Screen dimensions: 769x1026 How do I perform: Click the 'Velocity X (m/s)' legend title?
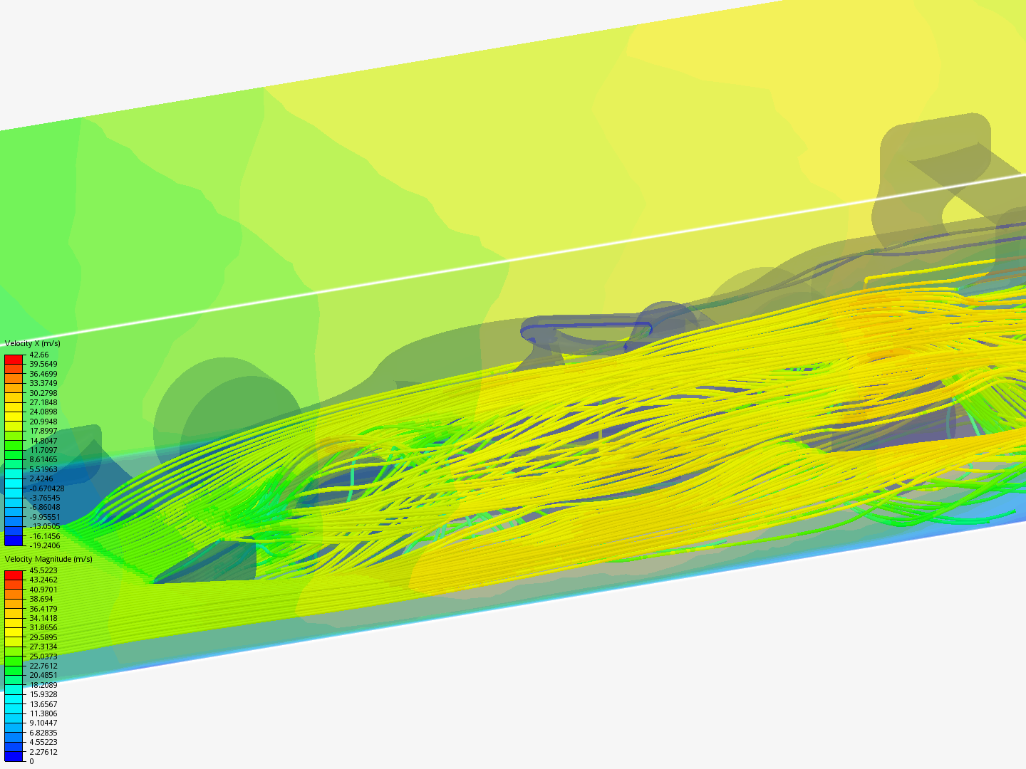click(32, 343)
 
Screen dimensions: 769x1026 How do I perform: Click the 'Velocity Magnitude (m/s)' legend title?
click(48, 559)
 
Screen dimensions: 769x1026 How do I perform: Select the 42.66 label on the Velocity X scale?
click(38, 355)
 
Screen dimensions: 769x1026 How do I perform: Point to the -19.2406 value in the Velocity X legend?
click(44, 545)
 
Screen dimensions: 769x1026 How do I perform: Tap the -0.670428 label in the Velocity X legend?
click(46, 488)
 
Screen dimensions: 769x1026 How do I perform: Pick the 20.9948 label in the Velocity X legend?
click(43, 422)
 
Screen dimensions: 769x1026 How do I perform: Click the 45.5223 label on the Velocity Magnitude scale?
click(43, 570)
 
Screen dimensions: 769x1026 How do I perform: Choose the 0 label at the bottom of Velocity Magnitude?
click(31, 761)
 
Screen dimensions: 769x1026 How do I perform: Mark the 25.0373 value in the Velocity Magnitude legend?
click(43, 656)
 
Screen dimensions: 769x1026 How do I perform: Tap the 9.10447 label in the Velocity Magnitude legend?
click(43, 723)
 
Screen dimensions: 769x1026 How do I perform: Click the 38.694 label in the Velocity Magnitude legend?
click(41, 599)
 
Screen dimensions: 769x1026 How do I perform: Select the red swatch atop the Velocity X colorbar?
click(14, 360)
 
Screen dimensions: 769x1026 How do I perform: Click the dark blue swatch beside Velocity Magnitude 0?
click(14, 756)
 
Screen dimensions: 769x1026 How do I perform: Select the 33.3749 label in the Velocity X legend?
click(43, 383)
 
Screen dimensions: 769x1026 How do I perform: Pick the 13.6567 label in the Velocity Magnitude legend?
click(43, 704)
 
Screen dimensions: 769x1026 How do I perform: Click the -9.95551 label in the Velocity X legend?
click(44, 517)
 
